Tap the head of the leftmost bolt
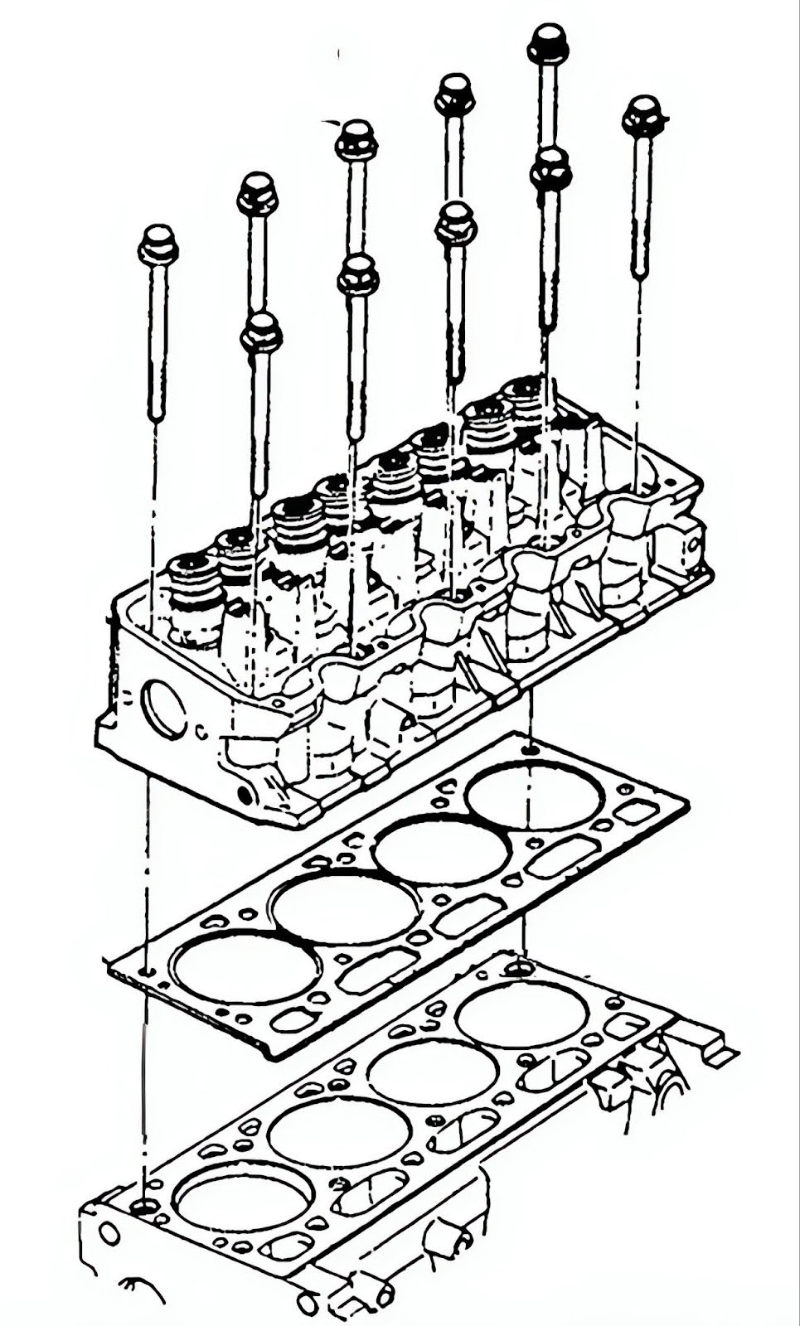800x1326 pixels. coord(158,244)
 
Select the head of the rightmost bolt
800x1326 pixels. coord(643,115)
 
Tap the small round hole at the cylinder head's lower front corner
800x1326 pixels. coord(245,794)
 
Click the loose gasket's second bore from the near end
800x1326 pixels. coord(345,909)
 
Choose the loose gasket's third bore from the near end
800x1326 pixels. coord(442,852)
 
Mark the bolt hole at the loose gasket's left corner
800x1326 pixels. coord(146,970)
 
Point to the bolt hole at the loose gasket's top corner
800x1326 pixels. coord(531,749)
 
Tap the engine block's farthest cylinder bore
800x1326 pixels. coord(522,1016)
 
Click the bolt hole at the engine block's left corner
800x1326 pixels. coord(146,1206)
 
